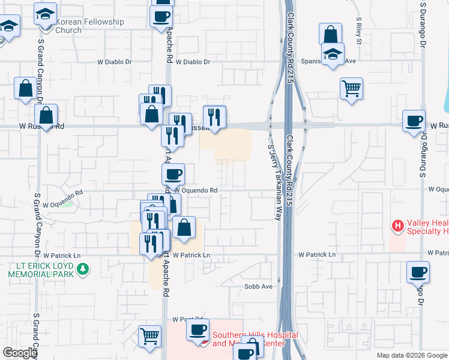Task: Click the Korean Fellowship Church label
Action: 89,26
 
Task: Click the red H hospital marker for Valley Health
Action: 397,226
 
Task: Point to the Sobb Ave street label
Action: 259,286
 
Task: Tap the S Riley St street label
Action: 358,33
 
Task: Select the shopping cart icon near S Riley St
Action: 351,89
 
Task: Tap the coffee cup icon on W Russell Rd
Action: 414,120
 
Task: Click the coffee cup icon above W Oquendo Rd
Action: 173,174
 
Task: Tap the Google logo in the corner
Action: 20,352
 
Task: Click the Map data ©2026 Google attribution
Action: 411,355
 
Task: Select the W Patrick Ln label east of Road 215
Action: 317,254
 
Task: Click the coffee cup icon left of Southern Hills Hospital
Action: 197,329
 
